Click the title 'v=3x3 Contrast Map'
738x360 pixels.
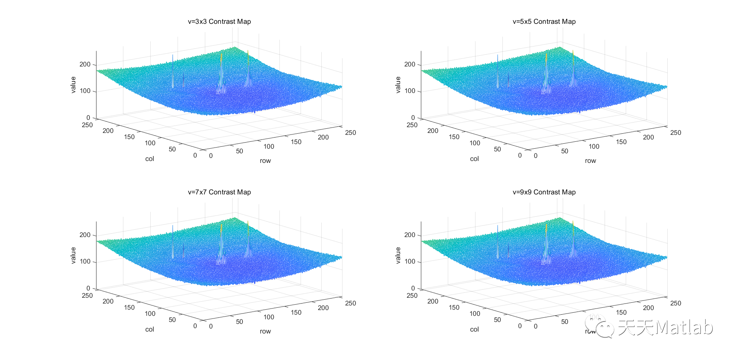[x=219, y=22]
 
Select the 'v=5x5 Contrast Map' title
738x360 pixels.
[x=544, y=22]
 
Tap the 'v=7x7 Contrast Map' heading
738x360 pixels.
[x=219, y=192]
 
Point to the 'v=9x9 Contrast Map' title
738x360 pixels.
[x=544, y=192]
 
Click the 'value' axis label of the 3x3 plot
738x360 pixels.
[x=73, y=85]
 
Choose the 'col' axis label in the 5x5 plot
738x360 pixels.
[x=474, y=159]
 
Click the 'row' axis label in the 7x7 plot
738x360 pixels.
[x=265, y=331]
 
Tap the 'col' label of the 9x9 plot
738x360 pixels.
[x=474, y=329]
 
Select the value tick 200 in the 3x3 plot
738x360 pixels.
[x=85, y=64]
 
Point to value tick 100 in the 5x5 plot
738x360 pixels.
[x=410, y=91]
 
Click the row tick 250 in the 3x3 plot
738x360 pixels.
[x=351, y=133]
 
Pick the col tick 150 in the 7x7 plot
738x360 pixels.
[x=129, y=307]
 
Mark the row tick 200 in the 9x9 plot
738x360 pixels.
[x=648, y=308]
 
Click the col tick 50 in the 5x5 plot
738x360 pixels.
[x=497, y=149]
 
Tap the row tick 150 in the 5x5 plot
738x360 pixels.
[x=621, y=142]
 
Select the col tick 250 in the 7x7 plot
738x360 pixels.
[x=87, y=295]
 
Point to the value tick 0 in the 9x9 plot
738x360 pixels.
[x=413, y=288]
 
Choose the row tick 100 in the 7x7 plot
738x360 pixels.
[x=269, y=317]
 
